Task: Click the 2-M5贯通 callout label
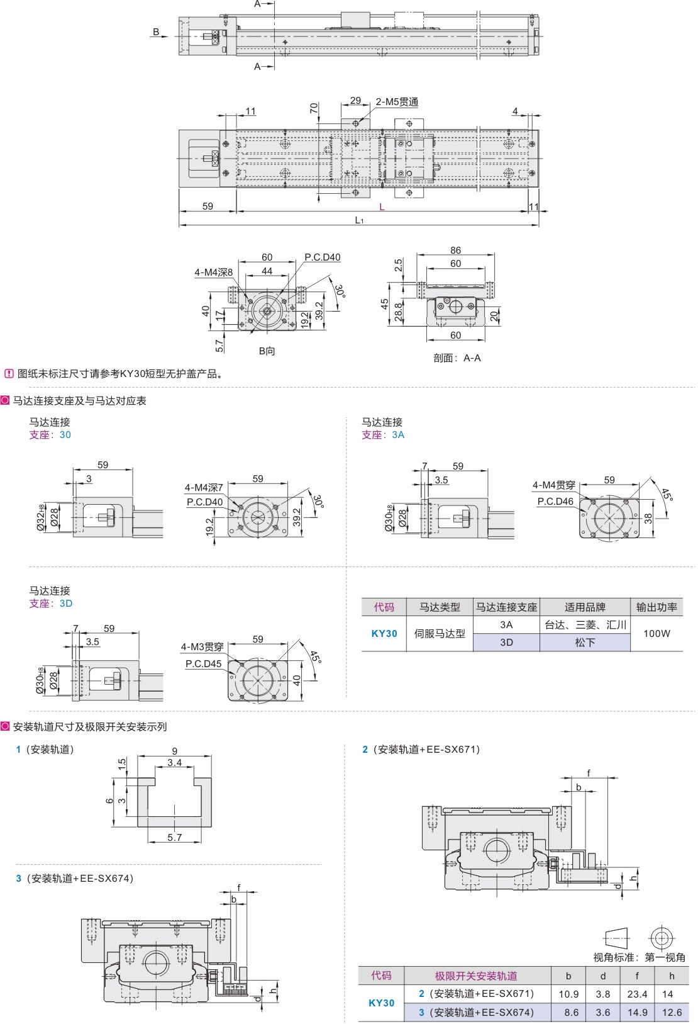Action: [x=397, y=102]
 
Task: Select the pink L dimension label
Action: [x=382, y=206]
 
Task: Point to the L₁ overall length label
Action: [x=359, y=220]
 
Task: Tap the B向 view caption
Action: [x=267, y=351]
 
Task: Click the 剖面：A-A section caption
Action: [x=457, y=358]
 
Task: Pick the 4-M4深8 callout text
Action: [x=213, y=273]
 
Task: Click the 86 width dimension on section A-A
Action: [x=456, y=250]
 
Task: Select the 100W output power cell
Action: [x=656, y=633]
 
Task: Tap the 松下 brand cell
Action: [x=585, y=643]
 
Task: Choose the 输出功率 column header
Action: [x=656, y=607]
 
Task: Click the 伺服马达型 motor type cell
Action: [x=440, y=633]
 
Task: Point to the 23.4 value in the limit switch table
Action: [x=637, y=994]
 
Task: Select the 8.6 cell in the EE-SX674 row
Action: [x=568, y=1013]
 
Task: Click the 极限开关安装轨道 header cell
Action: [x=476, y=976]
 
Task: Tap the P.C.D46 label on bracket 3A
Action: [x=555, y=502]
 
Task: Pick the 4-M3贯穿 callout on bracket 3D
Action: [x=202, y=647]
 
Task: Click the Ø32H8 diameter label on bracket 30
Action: [x=42, y=518]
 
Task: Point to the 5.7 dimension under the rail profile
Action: [x=175, y=837]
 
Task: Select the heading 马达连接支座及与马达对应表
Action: [x=80, y=401]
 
